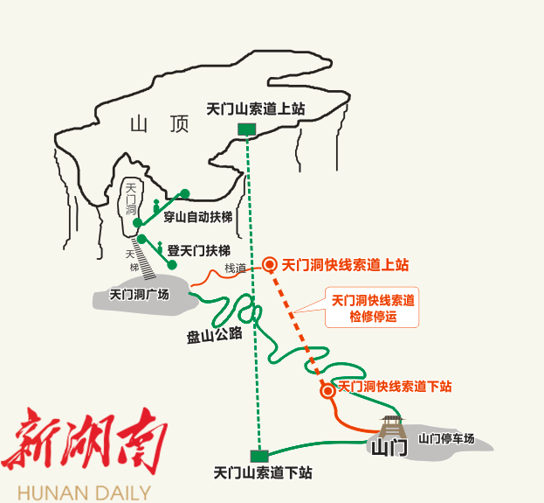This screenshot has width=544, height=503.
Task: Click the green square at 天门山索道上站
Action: pos(247,129)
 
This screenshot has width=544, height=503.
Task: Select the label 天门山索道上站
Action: pos(255,109)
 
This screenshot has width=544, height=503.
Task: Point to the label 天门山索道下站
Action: pos(263,473)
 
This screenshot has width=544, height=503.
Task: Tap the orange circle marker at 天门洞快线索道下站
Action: pos(328,390)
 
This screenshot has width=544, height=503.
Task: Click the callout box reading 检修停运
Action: pos(373,308)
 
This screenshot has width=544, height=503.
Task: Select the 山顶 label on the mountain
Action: pos(159,125)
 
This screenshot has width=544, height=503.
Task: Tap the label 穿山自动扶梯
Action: pos(196,216)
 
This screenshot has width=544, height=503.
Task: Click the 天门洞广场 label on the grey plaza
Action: pos(139,295)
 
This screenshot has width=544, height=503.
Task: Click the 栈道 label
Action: pos(236,269)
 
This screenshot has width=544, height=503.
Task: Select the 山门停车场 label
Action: pos(446,439)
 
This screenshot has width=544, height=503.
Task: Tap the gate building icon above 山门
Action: pos(391,427)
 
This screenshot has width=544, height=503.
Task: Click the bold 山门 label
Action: pos(389,449)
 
